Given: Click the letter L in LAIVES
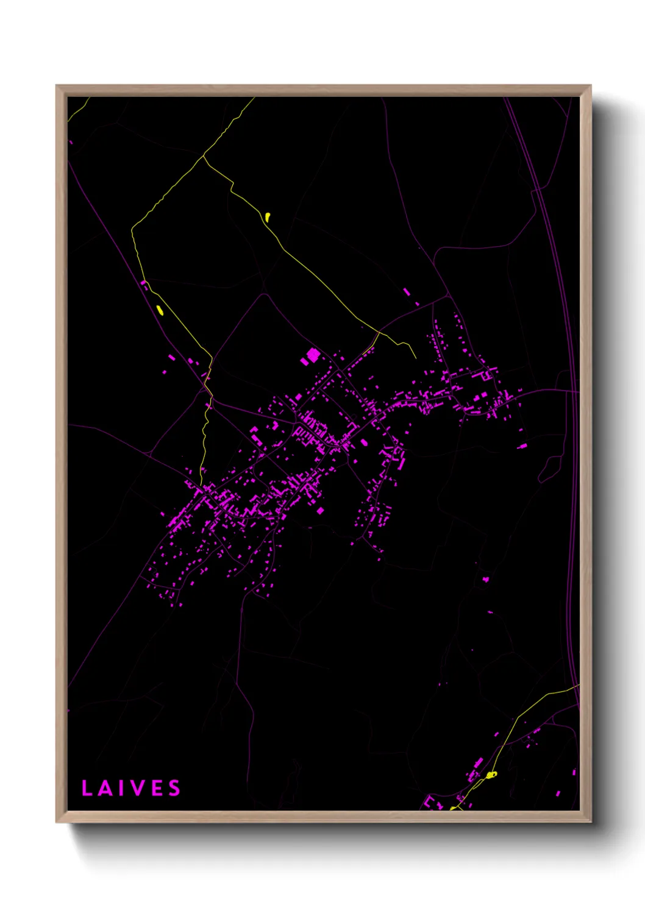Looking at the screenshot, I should point(87,788).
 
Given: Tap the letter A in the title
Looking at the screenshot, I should point(105,788).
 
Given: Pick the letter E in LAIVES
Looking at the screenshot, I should point(157,788).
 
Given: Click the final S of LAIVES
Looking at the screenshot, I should point(175,788).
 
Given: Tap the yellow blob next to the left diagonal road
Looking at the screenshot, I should point(160,310).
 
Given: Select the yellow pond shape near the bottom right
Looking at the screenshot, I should point(491,774).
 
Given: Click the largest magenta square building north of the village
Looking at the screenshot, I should point(313,355).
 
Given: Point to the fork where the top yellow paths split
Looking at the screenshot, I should point(204,157).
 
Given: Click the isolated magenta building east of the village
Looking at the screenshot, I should point(522,446).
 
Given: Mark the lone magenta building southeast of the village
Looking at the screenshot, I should point(486,579).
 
